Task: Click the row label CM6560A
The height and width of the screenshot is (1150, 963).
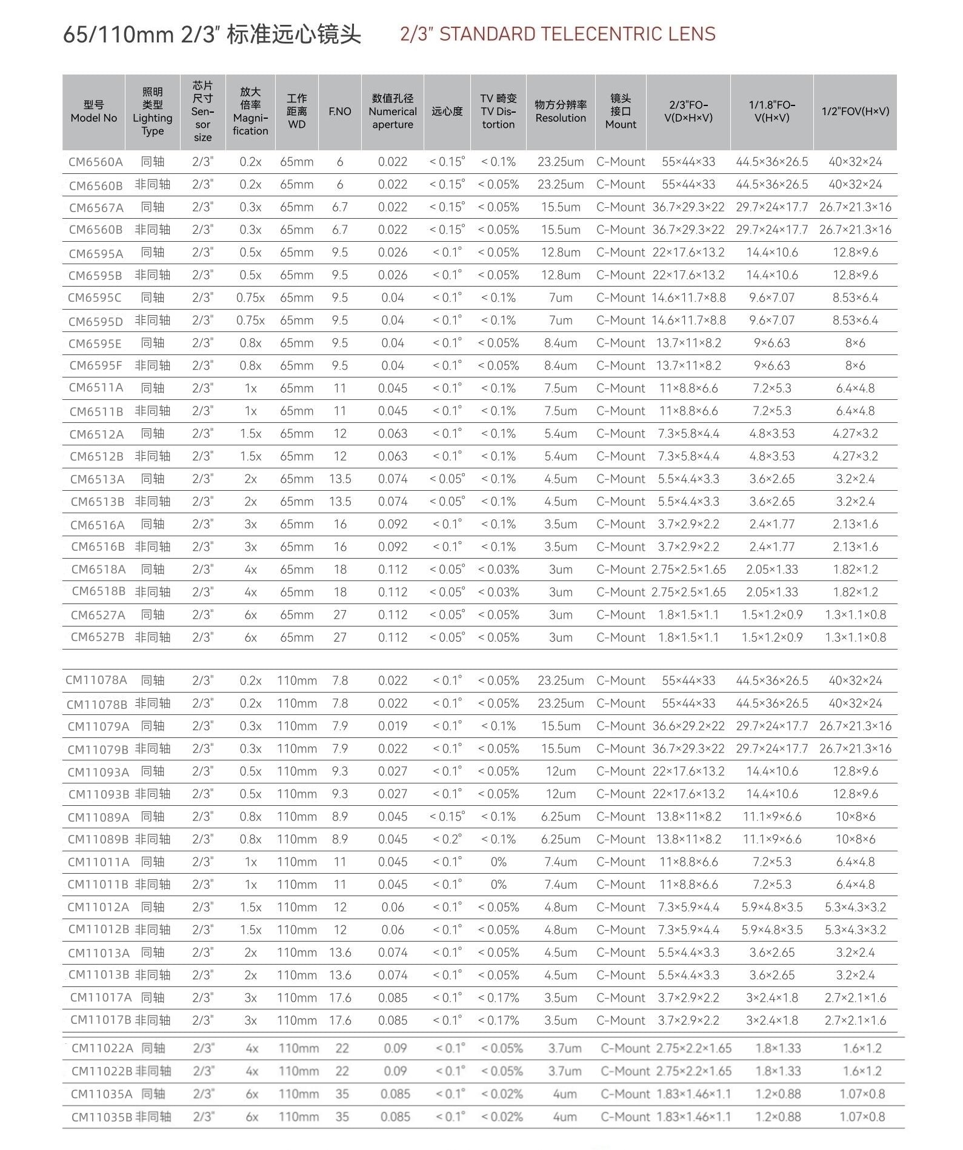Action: click(x=95, y=162)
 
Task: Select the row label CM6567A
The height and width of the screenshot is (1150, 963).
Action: click(x=96, y=207)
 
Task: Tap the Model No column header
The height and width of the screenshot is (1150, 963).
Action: click(x=93, y=112)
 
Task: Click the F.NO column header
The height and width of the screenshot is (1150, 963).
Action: click(x=339, y=111)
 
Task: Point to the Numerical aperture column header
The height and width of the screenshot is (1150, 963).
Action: click(x=392, y=111)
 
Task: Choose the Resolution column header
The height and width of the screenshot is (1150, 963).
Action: click(x=561, y=111)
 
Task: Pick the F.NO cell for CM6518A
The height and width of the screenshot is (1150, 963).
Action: click(x=340, y=570)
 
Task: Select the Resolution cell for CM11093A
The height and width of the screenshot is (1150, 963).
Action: click(x=561, y=771)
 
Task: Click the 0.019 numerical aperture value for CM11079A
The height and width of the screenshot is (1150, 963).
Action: click(x=393, y=726)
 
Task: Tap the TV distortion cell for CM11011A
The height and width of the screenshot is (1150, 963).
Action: click(x=498, y=862)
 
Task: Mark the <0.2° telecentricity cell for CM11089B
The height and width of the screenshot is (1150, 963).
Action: click(x=447, y=839)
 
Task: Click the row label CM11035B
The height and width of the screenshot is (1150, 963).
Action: click(x=101, y=1116)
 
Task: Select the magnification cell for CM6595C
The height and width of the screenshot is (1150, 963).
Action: click(x=250, y=297)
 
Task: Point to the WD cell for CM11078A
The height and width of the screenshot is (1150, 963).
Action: click(x=297, y=680)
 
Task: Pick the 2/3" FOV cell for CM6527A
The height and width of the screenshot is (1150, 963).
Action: click(x=688, y=615)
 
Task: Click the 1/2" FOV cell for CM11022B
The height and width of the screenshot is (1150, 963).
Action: click(x=862, y=1071)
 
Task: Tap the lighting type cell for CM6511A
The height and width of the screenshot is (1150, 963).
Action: click(x=152, y=388)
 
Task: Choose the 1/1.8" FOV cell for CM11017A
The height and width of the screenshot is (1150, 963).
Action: click(x=771, y=997)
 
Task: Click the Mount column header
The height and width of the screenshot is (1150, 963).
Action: click(x=621, y=111)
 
